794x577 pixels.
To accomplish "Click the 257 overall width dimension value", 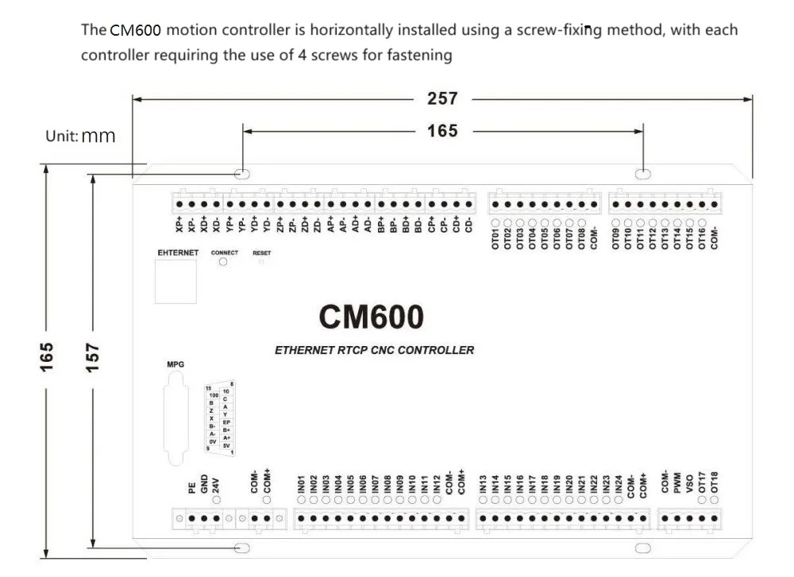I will click(442, 98).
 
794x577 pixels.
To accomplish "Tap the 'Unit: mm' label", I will click(80, 136).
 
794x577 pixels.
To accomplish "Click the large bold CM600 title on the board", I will click(372, 317).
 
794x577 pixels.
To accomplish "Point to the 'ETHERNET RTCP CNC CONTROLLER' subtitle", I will click(374, 350).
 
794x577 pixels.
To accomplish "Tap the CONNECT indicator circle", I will click(223, 262).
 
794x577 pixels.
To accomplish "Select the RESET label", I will click(262, 252).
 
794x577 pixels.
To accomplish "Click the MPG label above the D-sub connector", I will click(175, 364).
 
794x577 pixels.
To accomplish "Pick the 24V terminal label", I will click(217, 484).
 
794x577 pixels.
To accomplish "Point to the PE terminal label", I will click(191, 488).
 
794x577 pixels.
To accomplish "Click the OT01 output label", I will click(494, 238).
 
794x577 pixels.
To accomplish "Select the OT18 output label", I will click(714, 483).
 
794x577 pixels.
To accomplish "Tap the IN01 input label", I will click(302, 484).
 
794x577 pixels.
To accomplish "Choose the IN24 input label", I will click(618, 484).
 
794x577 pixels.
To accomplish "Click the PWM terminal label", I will click(676, 483).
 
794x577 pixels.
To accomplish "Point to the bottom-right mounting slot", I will click(642, 548).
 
